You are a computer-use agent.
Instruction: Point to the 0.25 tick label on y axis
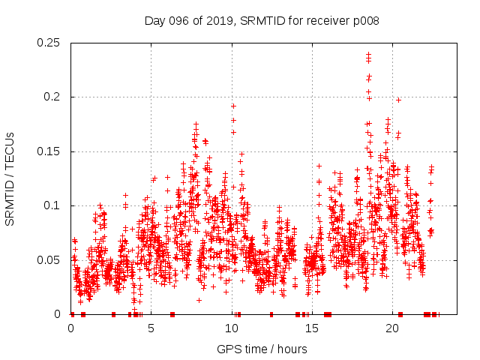pos(49,43)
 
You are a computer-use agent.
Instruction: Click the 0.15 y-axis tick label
pos(49,151)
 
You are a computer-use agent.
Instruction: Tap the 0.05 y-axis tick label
pos(49,260)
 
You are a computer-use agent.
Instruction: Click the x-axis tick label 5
pos(151,328)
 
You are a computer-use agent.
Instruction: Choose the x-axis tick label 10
pos(232,328)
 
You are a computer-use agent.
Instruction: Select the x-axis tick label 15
pos(313,328)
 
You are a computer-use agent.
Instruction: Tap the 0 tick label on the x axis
pos(70,328)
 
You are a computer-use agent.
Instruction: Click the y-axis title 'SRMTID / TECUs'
pos(10,178)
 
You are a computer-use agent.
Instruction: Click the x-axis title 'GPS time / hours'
pos(261,349)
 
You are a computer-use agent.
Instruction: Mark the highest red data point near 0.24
pos(368,54)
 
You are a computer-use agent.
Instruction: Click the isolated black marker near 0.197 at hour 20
pos(398,100)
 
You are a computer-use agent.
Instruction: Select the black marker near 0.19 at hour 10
pos(233,106)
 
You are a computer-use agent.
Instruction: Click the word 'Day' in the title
pos(154,21)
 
